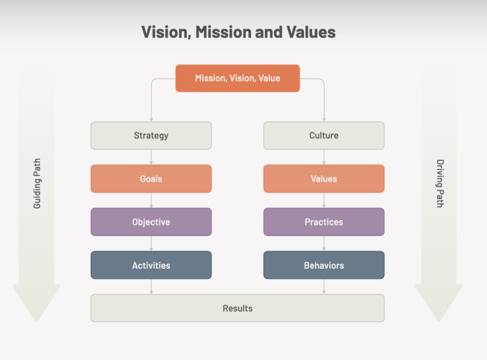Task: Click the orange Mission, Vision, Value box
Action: coord(237,78)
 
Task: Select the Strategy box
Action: coord(151,136)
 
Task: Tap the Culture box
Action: coord(324,136)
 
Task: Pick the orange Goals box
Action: coord(151,179)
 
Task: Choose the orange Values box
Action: coord(324,179)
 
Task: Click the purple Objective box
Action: coord(151,222)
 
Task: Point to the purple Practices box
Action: coord(324,222)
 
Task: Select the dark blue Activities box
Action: coord(151,265)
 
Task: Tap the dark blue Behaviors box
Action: coord(324,265)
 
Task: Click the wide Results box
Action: coord(237,308)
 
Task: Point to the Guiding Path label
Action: coord(37,184)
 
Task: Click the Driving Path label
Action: coord(440,184)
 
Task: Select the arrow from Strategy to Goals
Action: coord(151,157)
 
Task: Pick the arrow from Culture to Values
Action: coord(324,157)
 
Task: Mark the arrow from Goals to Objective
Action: coord(151,201)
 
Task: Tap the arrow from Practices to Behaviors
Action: coord(324,244)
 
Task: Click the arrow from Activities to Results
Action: coord(151,287)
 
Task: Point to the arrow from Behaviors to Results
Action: coord(324,287)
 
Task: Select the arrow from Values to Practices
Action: coord(324,201)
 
